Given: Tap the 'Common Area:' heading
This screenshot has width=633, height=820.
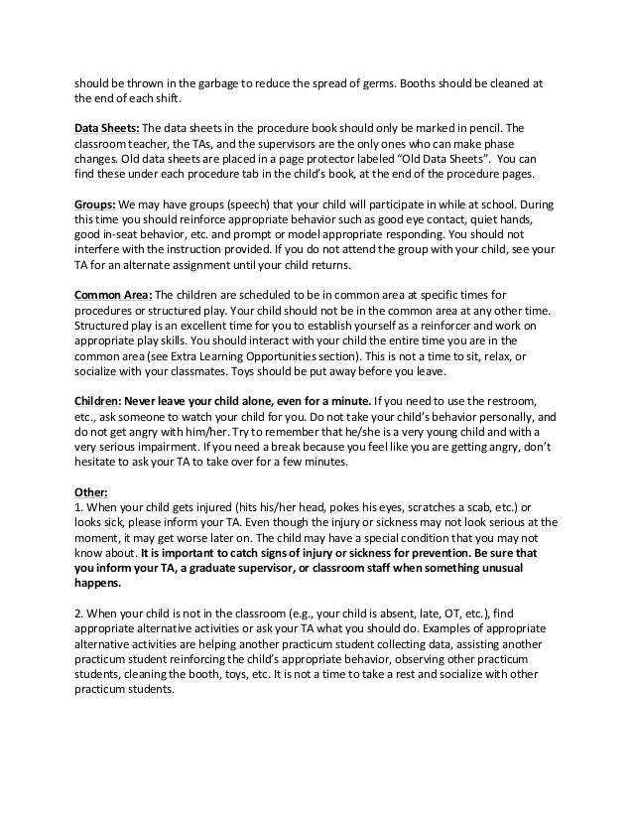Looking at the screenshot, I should tap(113, 295).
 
